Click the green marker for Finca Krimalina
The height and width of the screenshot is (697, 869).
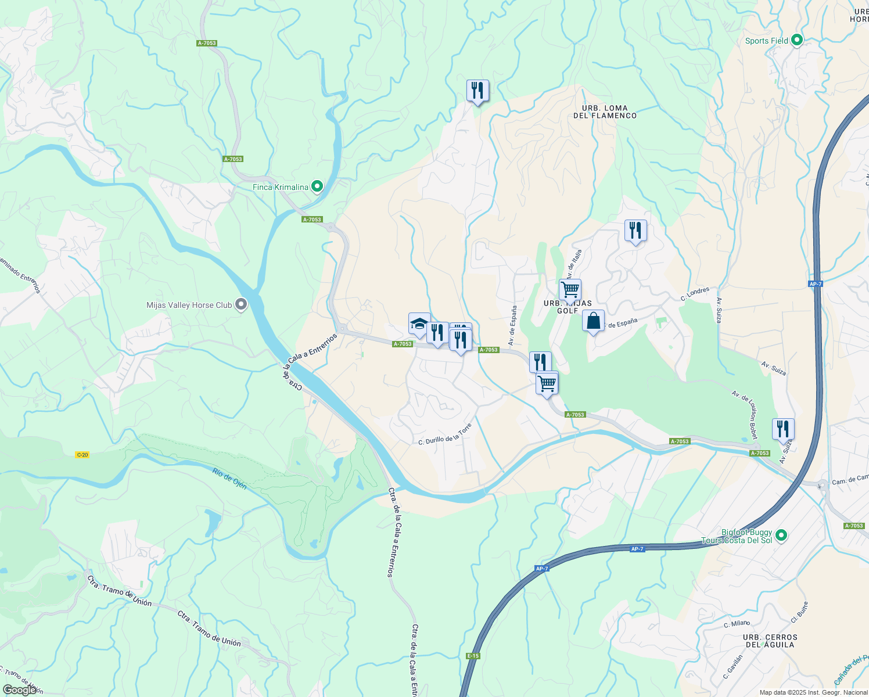click(317, 186)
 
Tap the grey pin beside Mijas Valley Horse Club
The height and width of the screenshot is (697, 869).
click(240, 305)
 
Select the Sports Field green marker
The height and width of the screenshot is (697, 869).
click(797, 40)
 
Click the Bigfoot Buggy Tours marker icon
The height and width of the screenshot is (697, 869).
click(781, 536)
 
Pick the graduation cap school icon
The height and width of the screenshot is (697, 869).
click(419, 324)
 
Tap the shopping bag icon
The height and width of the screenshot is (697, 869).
click(593, 321)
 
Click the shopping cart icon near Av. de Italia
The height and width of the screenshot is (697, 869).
click(570, 289)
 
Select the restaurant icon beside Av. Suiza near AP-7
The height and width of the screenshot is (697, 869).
click(783, 429)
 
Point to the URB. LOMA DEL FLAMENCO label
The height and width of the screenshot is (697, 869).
click(605, 112)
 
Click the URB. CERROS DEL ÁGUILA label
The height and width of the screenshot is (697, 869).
click(770, 641)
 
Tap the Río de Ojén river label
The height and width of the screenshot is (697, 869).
click(229, 479)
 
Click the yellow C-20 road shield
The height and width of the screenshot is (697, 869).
click(82, 455)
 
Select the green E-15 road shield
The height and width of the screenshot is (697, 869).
click(473, 656)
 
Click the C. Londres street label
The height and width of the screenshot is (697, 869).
click(695, 294)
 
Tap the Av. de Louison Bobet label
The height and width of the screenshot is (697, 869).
click(745, 415)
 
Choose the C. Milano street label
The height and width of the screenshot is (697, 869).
click(737, 624)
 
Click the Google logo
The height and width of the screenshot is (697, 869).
click(20, 689)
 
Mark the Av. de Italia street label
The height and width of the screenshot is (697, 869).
click(573, 264)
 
